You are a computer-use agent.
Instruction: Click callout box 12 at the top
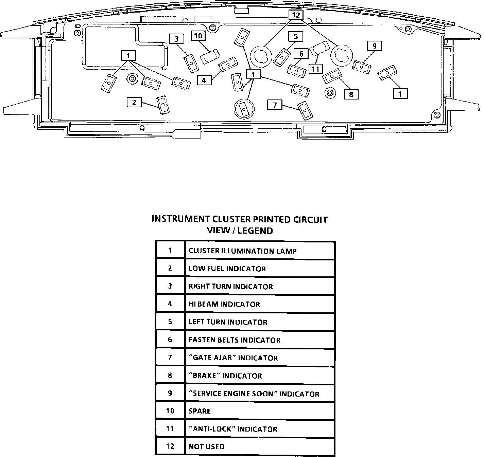click(x=296, y=15)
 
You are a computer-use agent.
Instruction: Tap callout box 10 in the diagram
click(x=198, y=36)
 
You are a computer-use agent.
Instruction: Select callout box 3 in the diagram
click(x=176, y=39)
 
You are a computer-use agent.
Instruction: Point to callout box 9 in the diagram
click(x=374, y=46)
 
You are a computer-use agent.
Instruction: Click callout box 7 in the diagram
click(x=275, y=105)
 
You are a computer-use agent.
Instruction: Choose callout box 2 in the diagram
click(x=134, y=102)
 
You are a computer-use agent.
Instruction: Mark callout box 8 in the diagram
click(x=351, y=94)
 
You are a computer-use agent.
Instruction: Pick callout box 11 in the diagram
click(x=316, y=69)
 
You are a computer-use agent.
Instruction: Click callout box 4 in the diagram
click(x=204, y=80)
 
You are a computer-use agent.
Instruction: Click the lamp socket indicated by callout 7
click(x=304, y=110)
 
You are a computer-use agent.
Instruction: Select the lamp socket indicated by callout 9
click(x=361, y=67)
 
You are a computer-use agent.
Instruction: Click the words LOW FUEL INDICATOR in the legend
click(x=227, y=269)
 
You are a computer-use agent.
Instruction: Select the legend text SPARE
click(x=200, y=411)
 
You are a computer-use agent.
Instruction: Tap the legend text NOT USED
click(x=206, y=447)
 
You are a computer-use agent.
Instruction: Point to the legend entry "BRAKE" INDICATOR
click(x=225, y=376)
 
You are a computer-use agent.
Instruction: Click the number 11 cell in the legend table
click(x=170, y=429)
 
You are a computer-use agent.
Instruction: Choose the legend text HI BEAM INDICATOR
click(x=224, y=304)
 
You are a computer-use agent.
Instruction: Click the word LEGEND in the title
click(x=255, y=231)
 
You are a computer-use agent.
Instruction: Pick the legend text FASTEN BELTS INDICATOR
click(x=234, y=340)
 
